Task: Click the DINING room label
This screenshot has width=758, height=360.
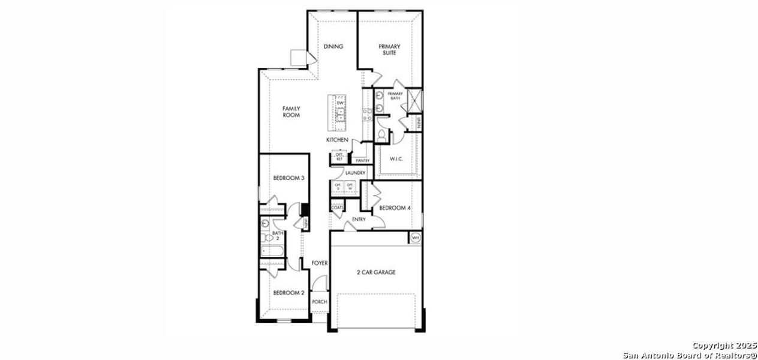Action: tap(333, 47)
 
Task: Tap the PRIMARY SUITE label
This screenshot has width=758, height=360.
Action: tap(390, 49)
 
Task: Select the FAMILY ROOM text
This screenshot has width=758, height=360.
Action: tap(291, 112)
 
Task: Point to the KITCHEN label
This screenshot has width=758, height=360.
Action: tap(337, 140)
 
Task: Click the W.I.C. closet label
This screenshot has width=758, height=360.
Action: tap(396, 159)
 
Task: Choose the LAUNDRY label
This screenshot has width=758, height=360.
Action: tap(355, 173)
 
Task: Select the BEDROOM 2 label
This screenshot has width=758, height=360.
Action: tap(289, 293)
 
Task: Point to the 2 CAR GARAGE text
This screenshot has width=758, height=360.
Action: tap(376, 272)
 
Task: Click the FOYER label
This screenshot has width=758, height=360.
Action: tap(319, 263)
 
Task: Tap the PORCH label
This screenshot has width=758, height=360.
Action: tap(320, 302)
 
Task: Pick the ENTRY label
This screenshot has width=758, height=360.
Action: tap(359, 220)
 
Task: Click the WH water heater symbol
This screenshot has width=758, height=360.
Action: tap(415, 238)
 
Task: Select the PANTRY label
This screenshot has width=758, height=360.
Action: tap(362, 161)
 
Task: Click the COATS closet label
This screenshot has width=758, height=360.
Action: tap(337, 208)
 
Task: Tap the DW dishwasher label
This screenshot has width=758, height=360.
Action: tap(340, 103)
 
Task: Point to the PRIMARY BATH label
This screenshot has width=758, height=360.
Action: tap(395, 96)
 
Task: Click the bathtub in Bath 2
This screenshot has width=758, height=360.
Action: tap(273, 251)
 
